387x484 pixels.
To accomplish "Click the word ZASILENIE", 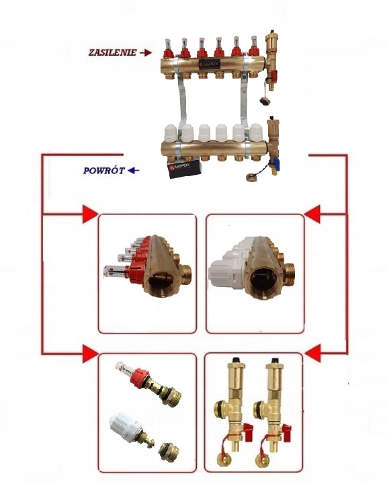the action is coord(113,52).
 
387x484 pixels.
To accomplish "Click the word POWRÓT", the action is coord(104,171).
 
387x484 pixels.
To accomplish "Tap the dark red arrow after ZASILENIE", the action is coord(146,53).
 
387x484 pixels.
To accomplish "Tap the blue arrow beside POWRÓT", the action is coord(133,170).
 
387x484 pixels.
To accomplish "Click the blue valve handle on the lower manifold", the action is coord(277,162).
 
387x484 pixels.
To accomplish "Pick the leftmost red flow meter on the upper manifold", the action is coord(167,48).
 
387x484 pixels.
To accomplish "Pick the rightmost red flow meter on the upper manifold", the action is coord(254,46).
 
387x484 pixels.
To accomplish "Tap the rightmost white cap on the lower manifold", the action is coord(256,132).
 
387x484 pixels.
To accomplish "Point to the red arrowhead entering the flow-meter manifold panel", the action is coord(90,214).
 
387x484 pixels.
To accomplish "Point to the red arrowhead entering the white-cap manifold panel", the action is coord(312,214).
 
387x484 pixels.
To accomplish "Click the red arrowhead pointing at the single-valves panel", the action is coord(90,354).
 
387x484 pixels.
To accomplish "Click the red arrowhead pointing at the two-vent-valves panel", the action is coord(312,354).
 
